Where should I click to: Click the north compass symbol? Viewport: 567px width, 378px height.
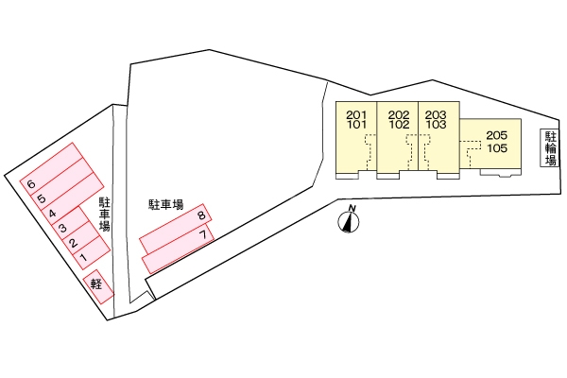pyautogui.click(x=352, y=221)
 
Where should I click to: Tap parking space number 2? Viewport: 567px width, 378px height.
pyautogui.click(x=72, y=243)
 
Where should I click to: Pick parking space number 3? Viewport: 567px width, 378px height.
pyautogui.click(x=62, y=229)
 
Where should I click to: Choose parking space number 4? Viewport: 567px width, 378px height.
pyautogui.click(x=52, y=214)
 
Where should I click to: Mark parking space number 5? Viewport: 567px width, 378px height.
pyautogui.click(x=42, y=198)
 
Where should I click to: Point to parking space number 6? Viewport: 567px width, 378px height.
pyautogui.click(x=32, y=183)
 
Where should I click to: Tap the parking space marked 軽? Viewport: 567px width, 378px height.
pyautogui.click(x=96, y=283)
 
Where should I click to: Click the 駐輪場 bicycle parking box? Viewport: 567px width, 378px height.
pyautogui.click(x=549, y=148)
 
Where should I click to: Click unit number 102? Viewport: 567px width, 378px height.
pyautogui.click(x=398, y=123)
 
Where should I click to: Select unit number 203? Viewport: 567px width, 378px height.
pyautogui.click(x=437, y=112)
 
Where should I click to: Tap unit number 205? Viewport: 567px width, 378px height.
pyautogui.click(x=497, y=136)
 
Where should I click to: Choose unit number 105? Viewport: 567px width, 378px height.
pyautogui.click(x=497, y=148)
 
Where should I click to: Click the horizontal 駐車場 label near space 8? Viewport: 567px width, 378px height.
pyautogui.click(x=165, y=203)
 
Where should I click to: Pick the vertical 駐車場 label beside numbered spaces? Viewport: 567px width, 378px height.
pyautogui.click(x=105, y=215)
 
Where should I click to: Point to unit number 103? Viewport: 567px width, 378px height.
pyautogui.click(x=437, y=123)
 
